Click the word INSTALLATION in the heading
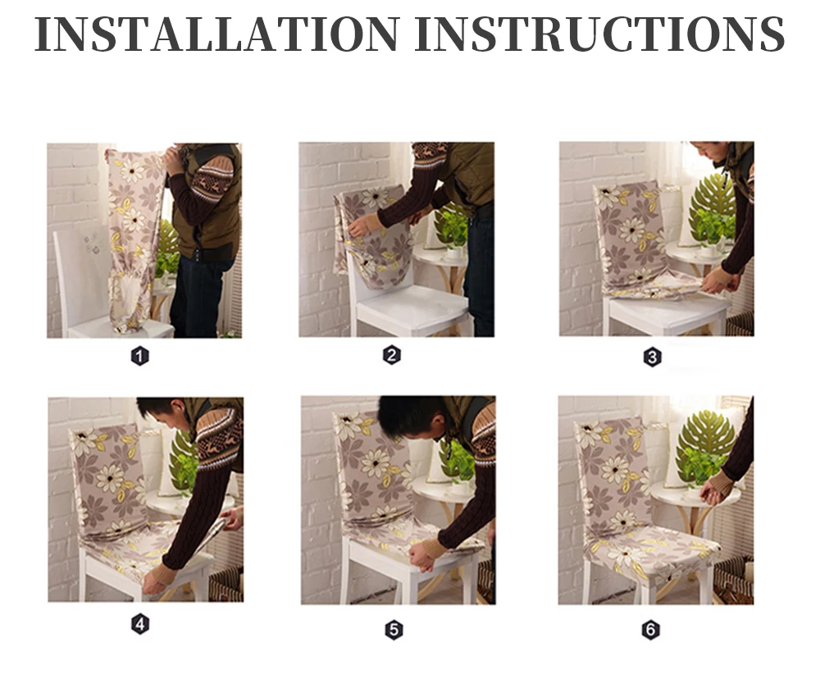point(217,34)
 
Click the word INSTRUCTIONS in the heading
point(599,34)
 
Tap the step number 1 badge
point(139,357)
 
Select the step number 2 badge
point(392,356)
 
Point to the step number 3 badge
point(652,358)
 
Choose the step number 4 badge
point(140,624)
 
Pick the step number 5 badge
point(394,630)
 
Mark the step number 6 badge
point(650,630)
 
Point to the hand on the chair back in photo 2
point(361,225)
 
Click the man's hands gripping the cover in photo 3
point(720,280)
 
